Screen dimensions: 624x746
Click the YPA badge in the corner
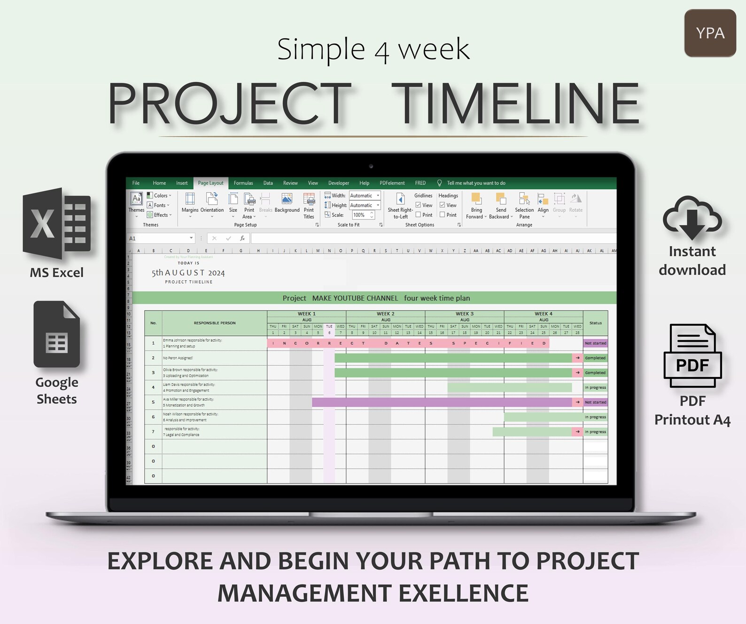[x=710, y=33]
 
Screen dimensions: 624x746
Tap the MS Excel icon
[x=57, y=223]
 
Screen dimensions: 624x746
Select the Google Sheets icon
[x=57, y=334]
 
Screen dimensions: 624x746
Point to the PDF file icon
[x=692, y=356]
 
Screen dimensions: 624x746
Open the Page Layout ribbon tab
[x=210, y=183]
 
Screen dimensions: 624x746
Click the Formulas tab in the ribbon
[x=243, y=183]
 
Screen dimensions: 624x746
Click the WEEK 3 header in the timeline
[x=465, y=314]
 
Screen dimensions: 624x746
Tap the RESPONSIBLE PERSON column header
[x=215, y=323]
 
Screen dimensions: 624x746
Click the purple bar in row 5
[x=442, y=402]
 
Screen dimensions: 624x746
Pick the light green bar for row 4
[x=509, y=387]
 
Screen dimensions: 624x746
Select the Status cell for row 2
[x=595, y=358]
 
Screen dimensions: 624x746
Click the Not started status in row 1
[x=595, y=343]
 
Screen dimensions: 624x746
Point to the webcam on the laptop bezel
[x=371, y=166]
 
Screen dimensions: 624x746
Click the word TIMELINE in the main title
[x=515, y=104]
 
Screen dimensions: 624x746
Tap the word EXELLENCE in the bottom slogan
[x=464, y=593]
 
